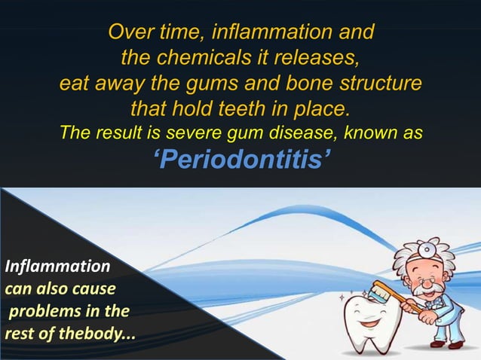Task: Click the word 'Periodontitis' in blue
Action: [240, 160]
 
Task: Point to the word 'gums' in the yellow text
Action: [225, 83]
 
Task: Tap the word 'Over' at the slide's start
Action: [128, 33]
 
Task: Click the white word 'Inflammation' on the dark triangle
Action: [57, 266]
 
